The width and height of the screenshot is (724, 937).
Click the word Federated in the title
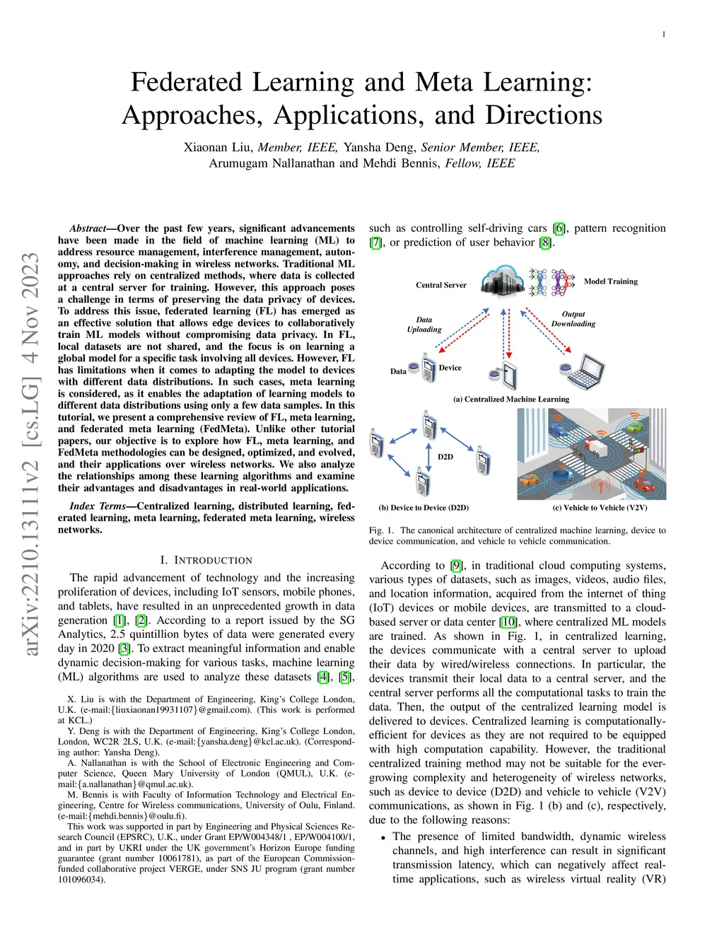(187, 83)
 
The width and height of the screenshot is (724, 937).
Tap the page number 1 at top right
(663, 34)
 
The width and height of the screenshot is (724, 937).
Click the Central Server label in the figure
(440, 285)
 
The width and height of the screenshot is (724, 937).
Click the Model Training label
(610, 281)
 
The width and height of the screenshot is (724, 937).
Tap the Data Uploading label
(424, 325)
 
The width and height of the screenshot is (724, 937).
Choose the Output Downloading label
(573, 319)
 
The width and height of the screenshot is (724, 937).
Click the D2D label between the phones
(445, 457)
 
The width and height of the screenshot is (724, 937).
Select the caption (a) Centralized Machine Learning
(510, 399)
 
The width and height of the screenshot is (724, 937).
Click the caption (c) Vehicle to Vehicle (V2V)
(600, 508)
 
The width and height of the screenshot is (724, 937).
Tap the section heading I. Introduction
(206, 560)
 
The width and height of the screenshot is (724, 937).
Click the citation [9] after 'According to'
(457, 566)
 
